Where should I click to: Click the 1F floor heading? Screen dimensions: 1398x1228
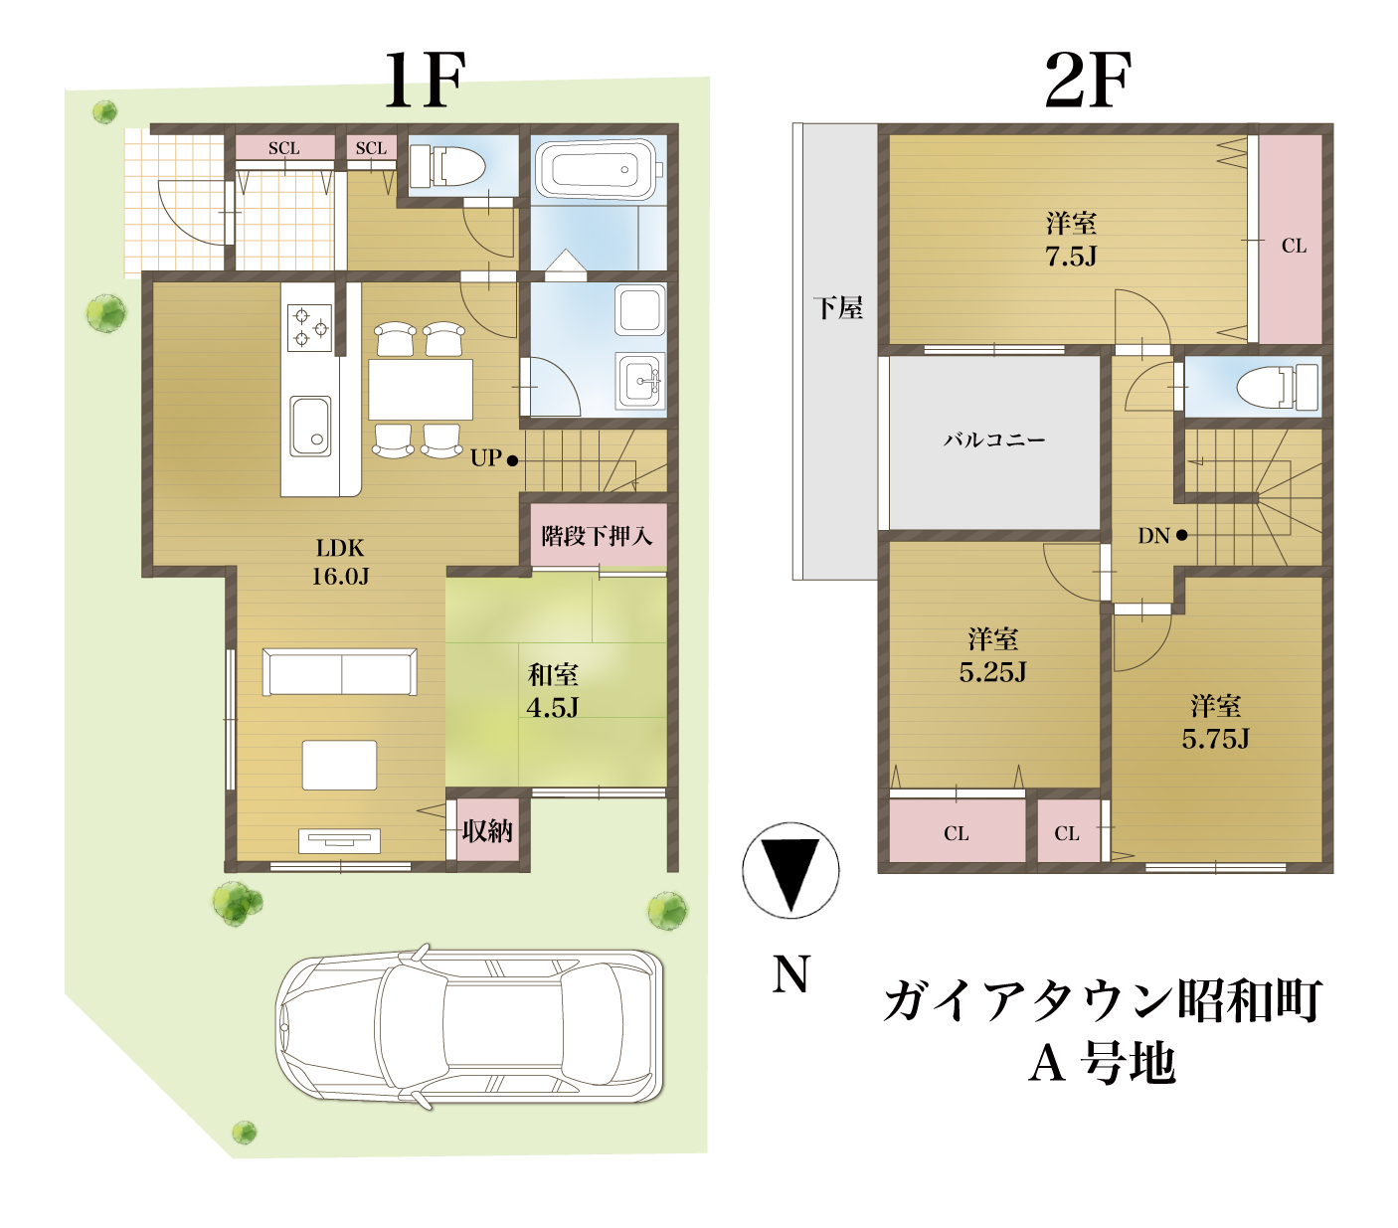coord(425,81)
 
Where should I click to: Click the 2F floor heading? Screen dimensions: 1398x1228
coord(1087,81)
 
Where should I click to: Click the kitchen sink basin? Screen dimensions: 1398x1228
coord(310,426)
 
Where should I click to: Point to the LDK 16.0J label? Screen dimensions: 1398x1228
coord(339,562)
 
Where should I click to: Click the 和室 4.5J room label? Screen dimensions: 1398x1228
coord(552,690)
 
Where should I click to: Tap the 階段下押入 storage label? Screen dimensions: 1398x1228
coord(597,536)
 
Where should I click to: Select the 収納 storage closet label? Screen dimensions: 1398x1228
coord(487,831)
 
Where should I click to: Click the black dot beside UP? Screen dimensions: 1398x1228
coord(513,460)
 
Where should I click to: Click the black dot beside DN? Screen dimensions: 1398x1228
coord(1181,535)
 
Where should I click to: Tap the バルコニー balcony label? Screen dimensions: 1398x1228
coord(994,439)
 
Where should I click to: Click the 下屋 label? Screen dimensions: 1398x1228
coord(837,308)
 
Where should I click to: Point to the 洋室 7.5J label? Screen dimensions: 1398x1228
coord(1071,239)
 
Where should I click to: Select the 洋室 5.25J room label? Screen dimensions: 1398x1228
coord(992,655)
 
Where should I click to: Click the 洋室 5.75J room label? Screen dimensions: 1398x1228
coord(1215,722)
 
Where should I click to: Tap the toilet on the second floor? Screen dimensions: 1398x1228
coord(1277,387)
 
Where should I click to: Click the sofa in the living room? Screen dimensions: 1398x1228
coord(339,671)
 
